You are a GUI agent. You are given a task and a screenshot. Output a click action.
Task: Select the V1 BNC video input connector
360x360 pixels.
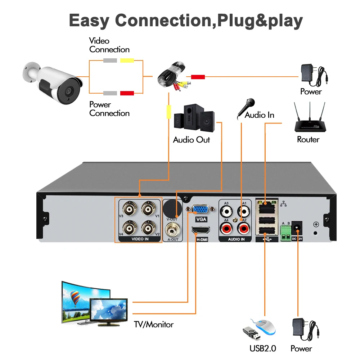(148, 208)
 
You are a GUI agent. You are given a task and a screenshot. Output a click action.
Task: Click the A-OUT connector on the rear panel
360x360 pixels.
(173, 228)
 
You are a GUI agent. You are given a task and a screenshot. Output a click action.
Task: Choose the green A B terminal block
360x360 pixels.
(286, 231)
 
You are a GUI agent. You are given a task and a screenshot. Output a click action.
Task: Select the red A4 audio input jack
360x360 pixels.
(226, 228)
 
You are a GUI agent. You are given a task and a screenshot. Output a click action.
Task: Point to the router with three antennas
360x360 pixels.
(308, 121)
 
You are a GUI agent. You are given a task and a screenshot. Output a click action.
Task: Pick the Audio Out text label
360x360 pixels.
(191, 140)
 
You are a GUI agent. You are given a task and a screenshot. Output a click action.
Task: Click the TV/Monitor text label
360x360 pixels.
(154, 325)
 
